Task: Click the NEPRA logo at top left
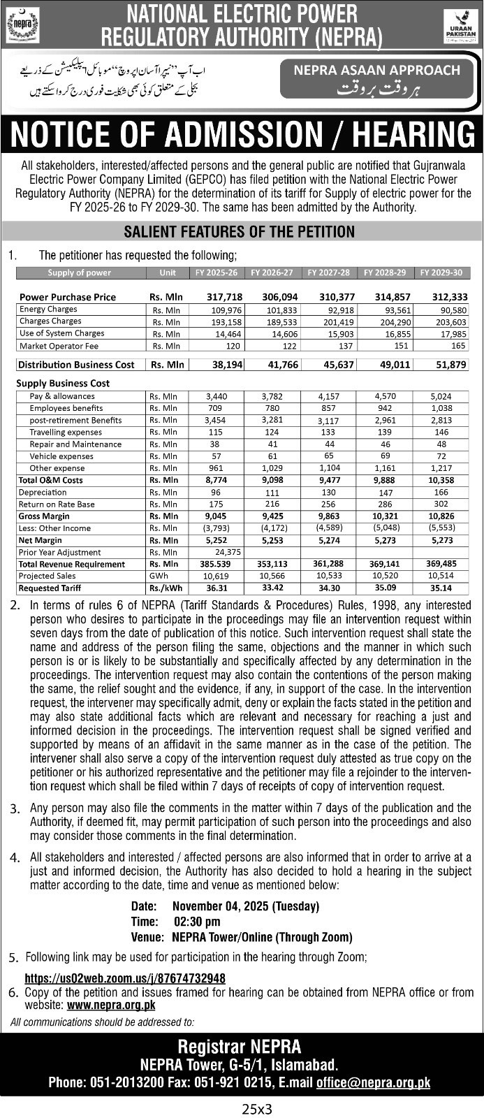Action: click(18, 25)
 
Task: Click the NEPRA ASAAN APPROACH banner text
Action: click(377, 70)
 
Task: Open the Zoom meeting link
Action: click(125, 978)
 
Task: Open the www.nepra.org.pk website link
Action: click(111, 1005)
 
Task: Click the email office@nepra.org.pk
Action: click(373, 1082)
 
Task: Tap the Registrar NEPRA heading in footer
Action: click(240, 1046)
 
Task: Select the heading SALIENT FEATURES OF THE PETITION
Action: click(239, 231)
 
